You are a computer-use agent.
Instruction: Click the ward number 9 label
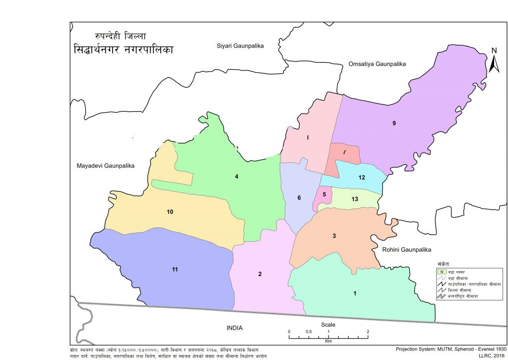[394, 123]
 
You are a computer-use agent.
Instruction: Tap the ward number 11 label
[175, 270]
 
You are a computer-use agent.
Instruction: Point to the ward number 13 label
[355, 199]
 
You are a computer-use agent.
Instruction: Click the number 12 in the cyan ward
[362, 178]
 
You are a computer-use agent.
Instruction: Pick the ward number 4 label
[237, 176]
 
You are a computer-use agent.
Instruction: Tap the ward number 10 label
[170, 212]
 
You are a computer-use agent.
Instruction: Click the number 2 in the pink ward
[259, 275]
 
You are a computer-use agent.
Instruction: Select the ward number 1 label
[355, 293]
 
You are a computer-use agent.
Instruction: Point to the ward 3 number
[334, 236]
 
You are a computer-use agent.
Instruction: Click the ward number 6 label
[299, 198]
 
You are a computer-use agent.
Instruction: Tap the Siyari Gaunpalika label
[241, 46]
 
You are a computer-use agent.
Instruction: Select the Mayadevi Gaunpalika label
[106, 165]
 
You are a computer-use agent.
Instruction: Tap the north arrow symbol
[494, 62]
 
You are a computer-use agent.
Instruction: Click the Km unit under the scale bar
[328, 342]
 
